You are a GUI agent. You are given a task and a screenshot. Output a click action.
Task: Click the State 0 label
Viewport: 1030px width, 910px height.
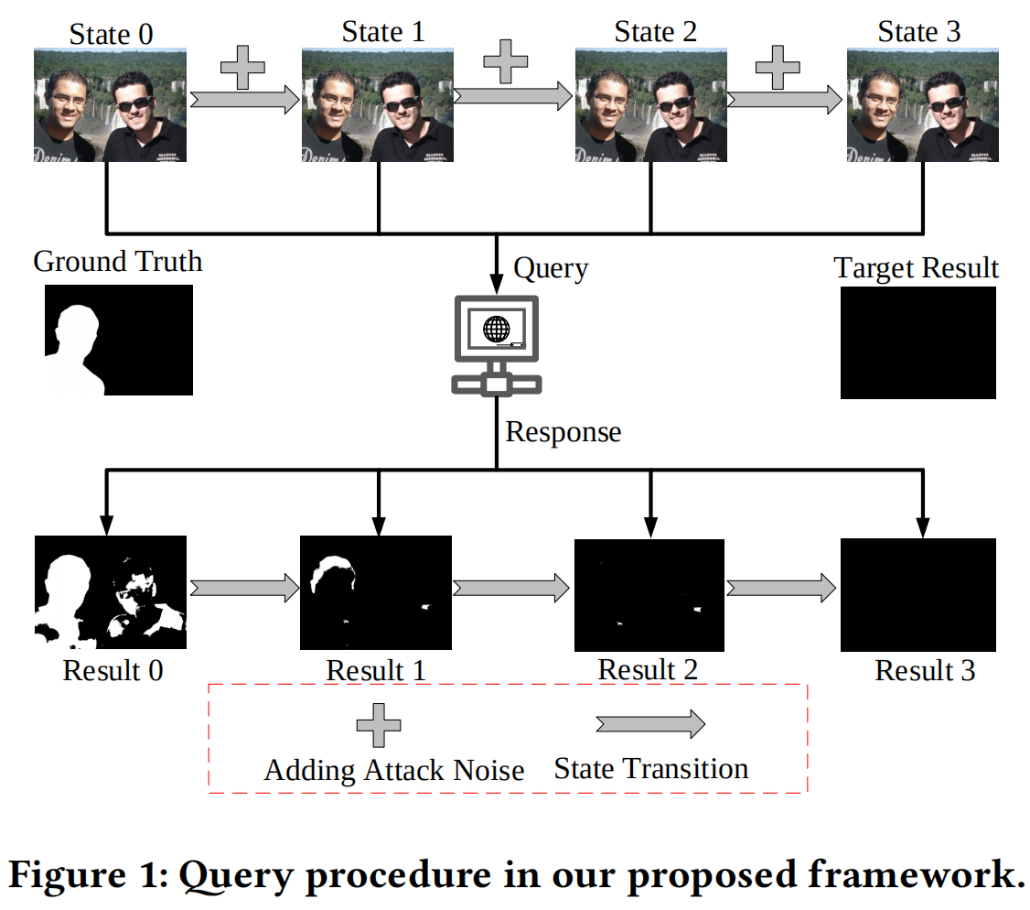(112, 35)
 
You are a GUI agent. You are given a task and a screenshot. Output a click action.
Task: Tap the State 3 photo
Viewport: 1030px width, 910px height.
(923, 105)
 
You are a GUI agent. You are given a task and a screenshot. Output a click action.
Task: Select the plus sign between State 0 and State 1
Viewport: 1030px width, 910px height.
(242, 69)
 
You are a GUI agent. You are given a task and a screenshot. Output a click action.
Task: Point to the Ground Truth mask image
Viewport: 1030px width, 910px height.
(118, 340)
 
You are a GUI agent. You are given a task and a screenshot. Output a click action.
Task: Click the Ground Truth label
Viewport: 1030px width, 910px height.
(117, 262)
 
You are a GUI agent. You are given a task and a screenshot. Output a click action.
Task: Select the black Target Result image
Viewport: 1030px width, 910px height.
(917, 342)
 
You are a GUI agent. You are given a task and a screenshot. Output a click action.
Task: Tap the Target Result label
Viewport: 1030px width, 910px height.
(917, 268)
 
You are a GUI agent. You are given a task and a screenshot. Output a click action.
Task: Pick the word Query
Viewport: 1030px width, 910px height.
(551, 269)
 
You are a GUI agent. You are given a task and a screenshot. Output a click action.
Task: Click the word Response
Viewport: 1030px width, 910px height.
(563, 432)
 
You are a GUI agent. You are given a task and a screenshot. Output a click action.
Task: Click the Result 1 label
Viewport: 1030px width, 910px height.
(376, 670)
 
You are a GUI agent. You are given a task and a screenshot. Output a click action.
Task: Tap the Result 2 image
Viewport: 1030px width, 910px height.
(649, 593)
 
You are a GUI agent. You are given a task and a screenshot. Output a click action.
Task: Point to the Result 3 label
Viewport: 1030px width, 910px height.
(925, 670)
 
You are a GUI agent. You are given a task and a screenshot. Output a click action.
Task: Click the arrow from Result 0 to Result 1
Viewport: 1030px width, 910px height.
(244, 587)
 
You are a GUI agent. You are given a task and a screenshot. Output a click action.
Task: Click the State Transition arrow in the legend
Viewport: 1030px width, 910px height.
(650, 724)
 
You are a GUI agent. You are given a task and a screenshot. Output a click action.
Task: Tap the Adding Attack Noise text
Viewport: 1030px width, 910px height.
(394, 770)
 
